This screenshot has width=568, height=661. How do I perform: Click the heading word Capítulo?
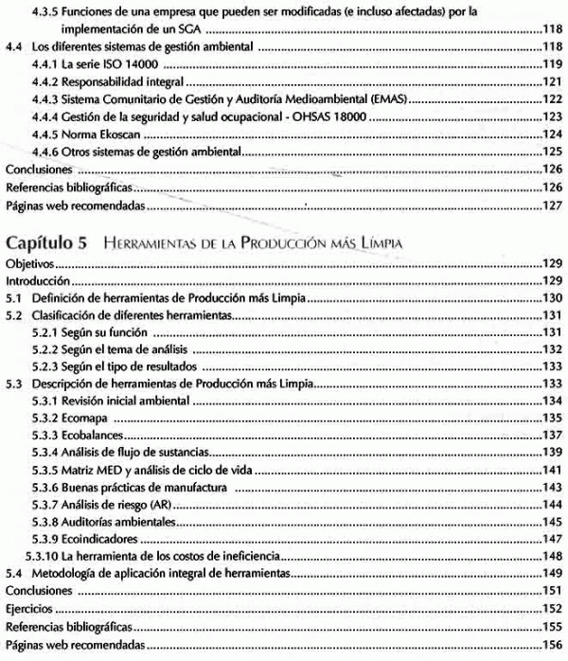[x=40, y=242]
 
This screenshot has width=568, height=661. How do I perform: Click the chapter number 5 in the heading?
[x=82, y=242]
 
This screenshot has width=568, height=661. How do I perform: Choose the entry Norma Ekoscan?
[x=99, y=134]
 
